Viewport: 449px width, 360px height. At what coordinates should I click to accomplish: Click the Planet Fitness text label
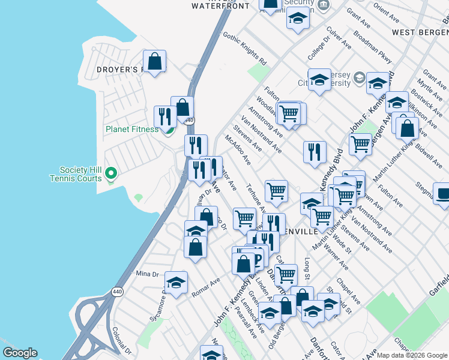tap(132, 129)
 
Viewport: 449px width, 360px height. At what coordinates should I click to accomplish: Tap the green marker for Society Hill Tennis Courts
tap(110, 175)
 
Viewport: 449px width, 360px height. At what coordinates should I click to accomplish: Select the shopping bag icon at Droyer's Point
tap(155, 62)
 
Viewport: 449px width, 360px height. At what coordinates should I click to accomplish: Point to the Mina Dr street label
tap(147, 274)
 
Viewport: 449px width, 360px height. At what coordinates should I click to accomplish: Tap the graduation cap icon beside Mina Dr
tap(176, 283)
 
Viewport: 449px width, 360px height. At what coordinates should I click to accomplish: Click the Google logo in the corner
tap(20, 353)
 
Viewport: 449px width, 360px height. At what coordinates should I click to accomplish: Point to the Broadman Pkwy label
tap(373, 52)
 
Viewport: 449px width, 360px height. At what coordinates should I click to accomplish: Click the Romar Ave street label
tap(206, 287)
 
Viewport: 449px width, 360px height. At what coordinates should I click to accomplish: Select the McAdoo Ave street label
tap(238, 150)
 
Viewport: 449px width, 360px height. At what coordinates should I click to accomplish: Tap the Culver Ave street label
tap(339, 37)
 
